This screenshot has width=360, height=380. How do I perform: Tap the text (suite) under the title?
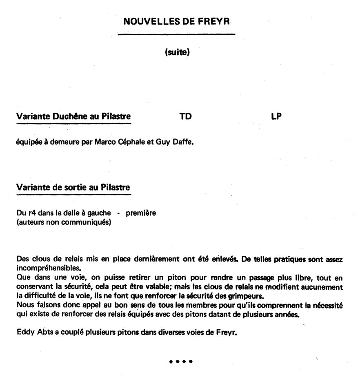tap(177, 52)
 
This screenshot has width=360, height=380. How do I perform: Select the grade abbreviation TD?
tap(186, 116)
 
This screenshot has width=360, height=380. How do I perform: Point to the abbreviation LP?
tap(276, 116)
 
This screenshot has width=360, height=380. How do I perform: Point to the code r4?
tap(29, 213)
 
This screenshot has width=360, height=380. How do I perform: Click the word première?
tap(141, 213)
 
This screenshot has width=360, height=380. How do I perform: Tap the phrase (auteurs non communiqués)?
tap(63, 222)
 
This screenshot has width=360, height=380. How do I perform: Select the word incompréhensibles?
tap(49, 268)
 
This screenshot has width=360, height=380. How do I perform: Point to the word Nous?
tap(24, 306)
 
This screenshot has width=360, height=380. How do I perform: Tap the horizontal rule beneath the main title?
tap(176, 34)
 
